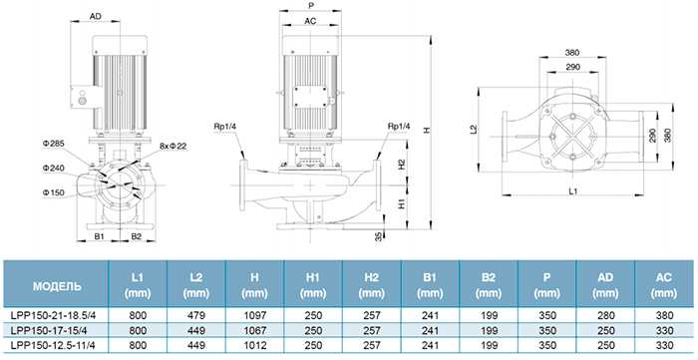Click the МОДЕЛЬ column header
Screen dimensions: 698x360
[57, 286]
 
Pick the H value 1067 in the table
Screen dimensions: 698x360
[254, 331]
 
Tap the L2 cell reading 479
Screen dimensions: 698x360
[196, 315]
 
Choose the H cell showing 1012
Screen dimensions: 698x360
[254, 345]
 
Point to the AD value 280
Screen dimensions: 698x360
[606, 315]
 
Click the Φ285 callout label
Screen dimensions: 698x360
[54, 144]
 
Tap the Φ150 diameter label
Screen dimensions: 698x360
[54, 192]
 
